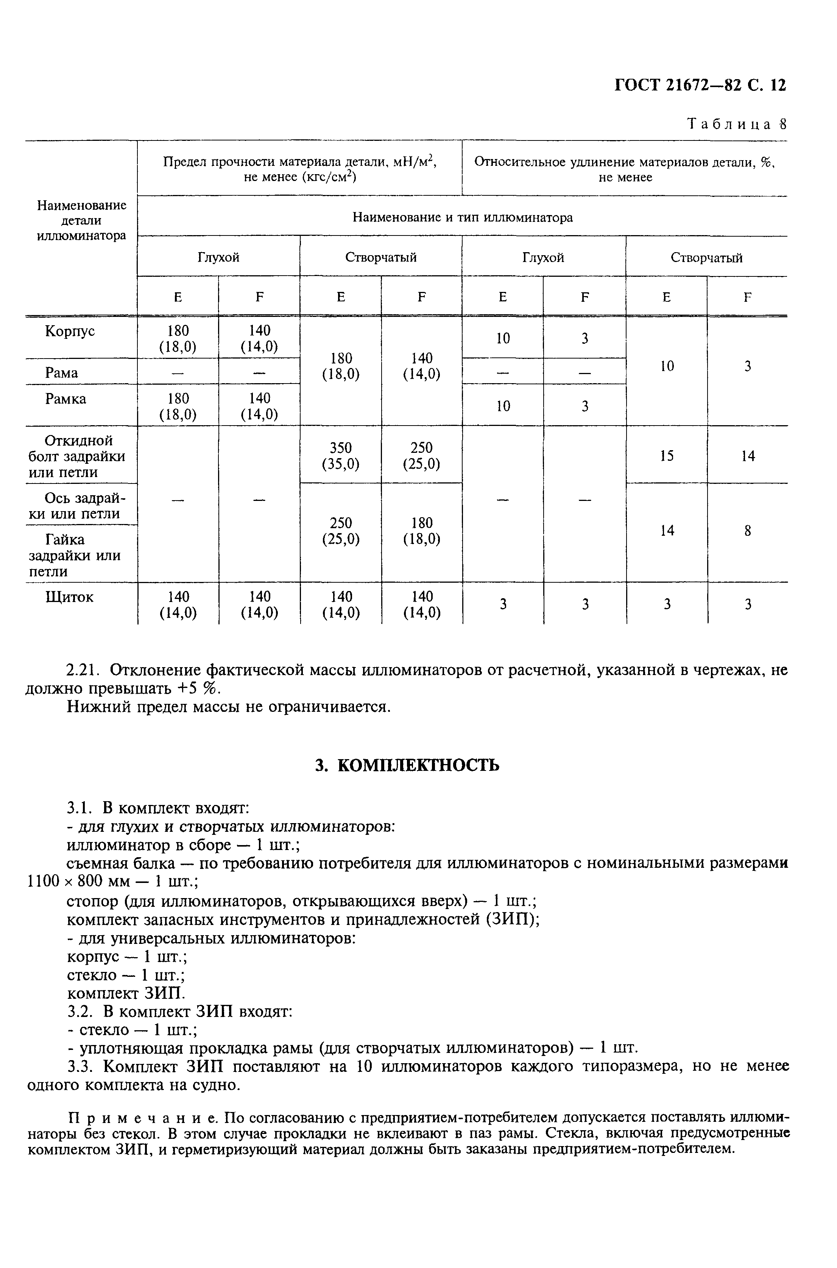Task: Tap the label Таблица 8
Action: [x=737, y=125]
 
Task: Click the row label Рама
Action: [x=62, y=373]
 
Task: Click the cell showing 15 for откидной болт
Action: [x=667, y=455]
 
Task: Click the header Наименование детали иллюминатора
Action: [x=82, y=220]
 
